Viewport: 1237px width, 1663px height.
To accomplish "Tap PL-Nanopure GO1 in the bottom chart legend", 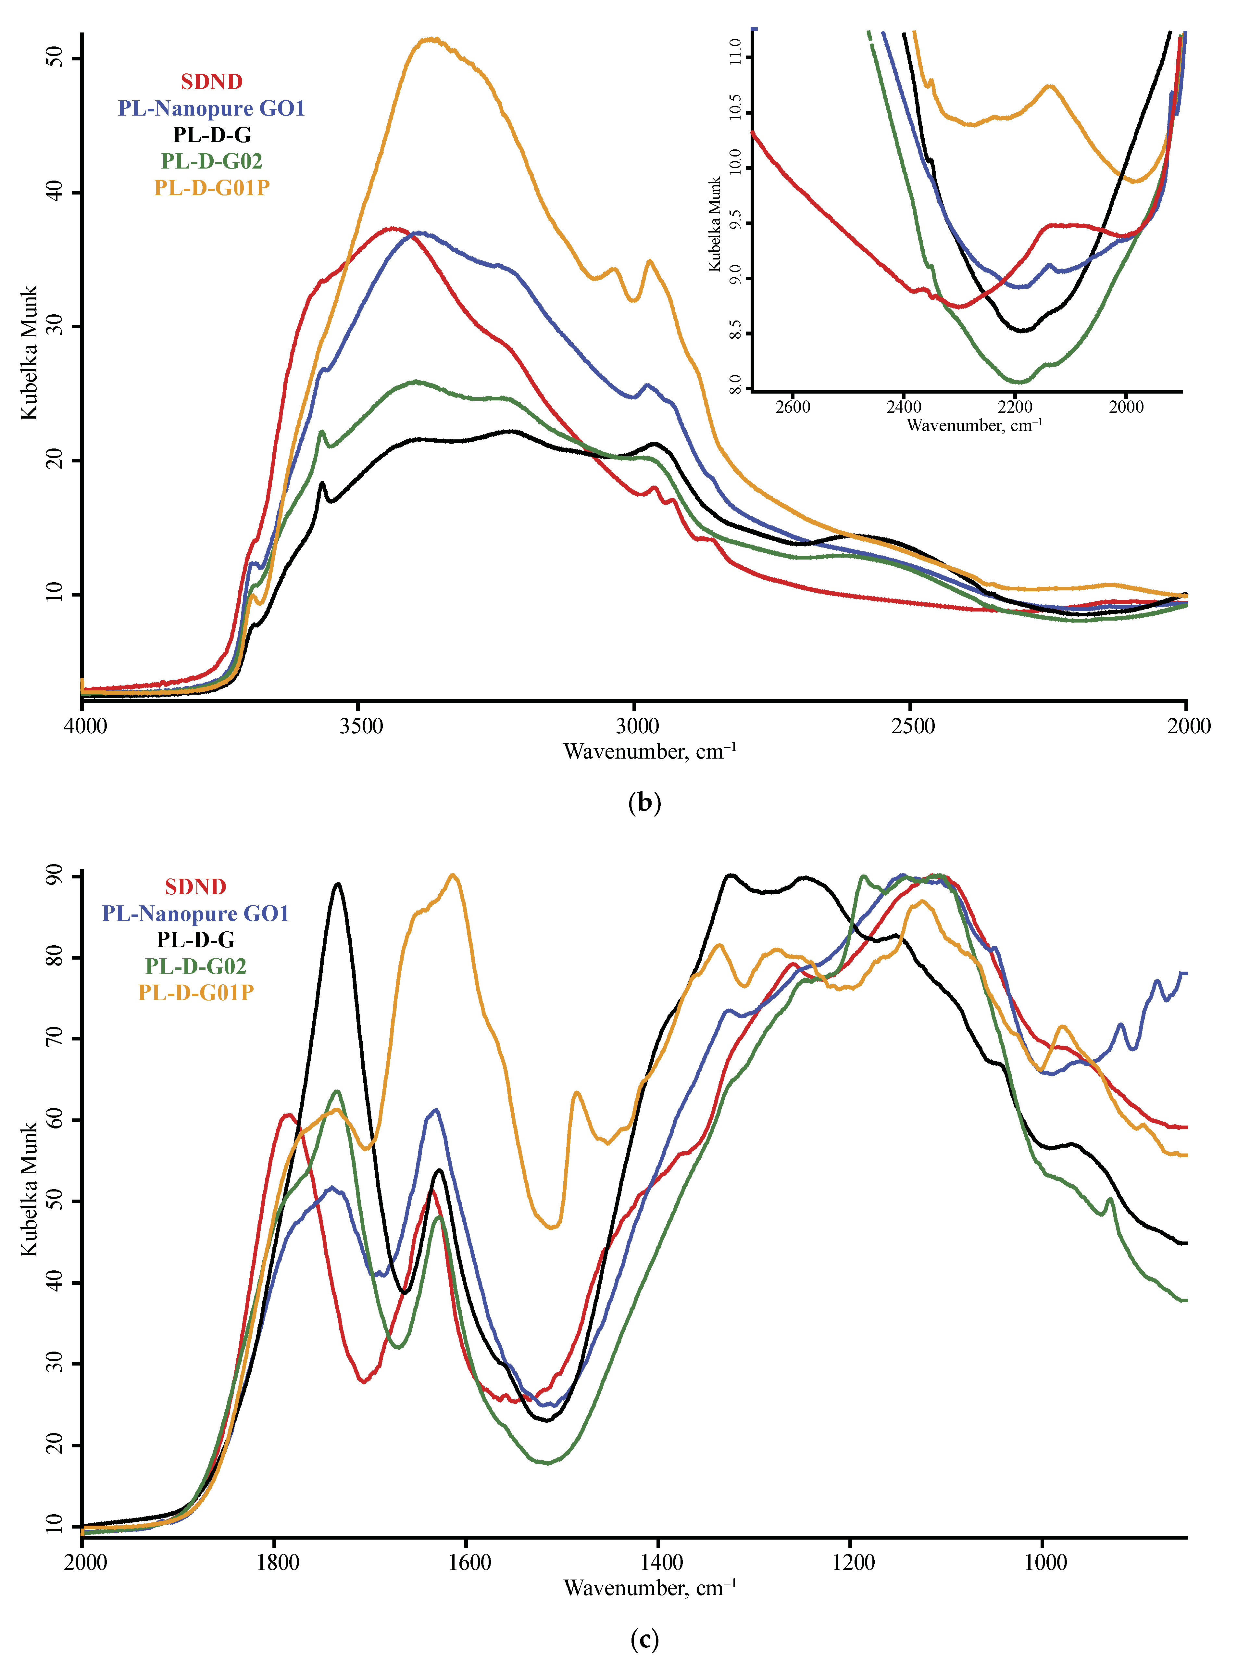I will pyautogui.click(x=195, y=913).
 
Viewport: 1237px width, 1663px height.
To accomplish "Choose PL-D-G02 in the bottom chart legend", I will pyautogui.click(x=195, y=966).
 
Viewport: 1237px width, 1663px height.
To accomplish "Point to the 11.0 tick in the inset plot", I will pyautogui.click(x=735, y=52).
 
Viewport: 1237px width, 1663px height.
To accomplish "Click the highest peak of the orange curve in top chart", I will pyautogui.click(x=431, y=39).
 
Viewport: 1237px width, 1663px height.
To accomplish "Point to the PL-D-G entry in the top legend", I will pyautogui.click(x=212, y=135).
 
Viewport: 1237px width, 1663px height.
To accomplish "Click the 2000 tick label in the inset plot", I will pyautogui.click(x=1126, y=407).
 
